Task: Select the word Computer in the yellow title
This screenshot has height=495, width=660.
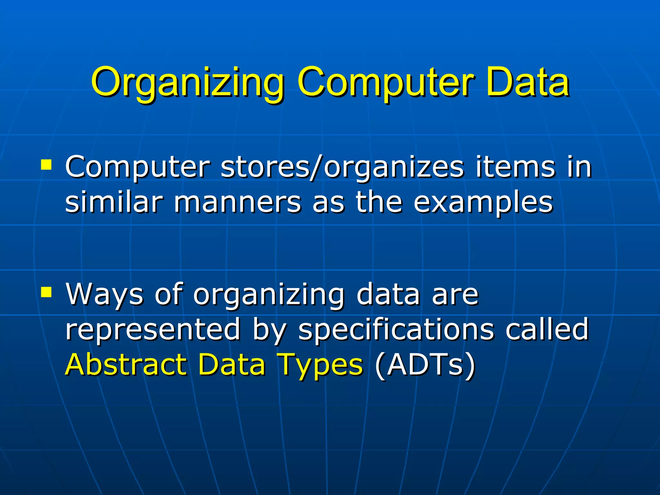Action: pos(385,83)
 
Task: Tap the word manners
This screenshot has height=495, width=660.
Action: pos(238,202)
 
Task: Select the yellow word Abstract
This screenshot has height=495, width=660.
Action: pos(126,364)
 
